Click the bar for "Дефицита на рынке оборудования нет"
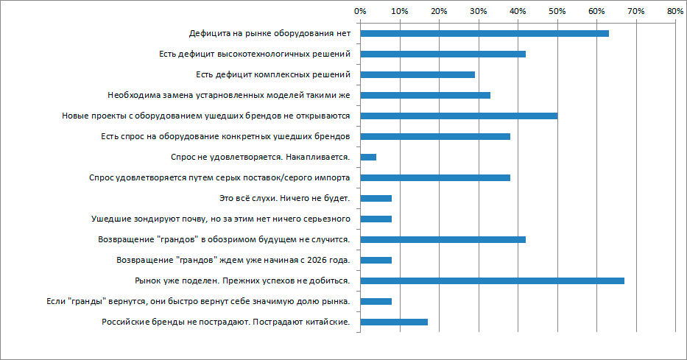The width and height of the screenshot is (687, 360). pos(484,33)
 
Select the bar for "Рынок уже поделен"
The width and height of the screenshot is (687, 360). pos(492,280)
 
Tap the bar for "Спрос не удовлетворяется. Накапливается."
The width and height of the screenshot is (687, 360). pos(368,157)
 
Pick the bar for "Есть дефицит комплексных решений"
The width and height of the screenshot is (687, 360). pos(418,74)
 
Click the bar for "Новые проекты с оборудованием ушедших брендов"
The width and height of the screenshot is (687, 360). pos(459,116)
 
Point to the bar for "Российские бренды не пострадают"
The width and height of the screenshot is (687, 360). pos(394,322)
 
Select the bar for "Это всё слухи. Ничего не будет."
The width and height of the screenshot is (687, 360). pos(376,198)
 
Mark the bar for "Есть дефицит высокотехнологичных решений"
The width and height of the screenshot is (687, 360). pos(443,54)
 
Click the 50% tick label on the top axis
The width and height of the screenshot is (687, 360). pos(557,11)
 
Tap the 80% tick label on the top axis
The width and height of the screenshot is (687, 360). pos(674,11)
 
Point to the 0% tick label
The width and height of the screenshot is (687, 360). pos(360,11)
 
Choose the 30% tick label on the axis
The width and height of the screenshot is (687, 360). pos(478,11)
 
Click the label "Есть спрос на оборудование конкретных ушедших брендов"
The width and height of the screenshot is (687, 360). pos(224,136)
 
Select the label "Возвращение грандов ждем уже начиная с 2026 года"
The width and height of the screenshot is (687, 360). pos(233,260)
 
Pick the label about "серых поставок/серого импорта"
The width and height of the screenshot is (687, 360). pos(219,177)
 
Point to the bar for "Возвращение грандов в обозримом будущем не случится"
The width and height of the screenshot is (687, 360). pos(443,239)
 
